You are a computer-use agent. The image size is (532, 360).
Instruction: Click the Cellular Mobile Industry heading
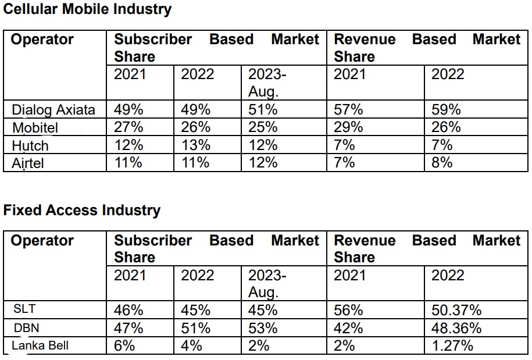(x=87, y=9)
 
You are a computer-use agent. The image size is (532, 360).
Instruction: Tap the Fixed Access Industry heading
(x=82, y=210)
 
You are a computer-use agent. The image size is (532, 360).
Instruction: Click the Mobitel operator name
(x=35, y=128)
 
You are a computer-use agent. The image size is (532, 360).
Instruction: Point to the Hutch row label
(x=30, y=146)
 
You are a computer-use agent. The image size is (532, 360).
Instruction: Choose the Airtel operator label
(x=28, y=163)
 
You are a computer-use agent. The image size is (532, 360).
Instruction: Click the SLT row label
(x=24, y=309)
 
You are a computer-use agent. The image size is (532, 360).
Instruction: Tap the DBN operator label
(x=27, y=328)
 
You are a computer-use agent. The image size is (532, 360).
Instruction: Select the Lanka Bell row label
(x=40, y=345)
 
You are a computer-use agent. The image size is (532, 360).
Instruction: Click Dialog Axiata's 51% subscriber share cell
(x=263, y=110)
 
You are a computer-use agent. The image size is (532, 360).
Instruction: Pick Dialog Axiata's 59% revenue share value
(x=446, y=110)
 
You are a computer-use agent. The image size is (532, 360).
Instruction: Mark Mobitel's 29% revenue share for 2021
(x=348, y=127)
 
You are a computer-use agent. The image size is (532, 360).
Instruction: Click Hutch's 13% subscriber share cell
(x=195, y=145)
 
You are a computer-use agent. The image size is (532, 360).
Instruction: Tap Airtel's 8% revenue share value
(x=442, y=163)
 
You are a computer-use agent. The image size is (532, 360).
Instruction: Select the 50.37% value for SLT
(x=456, y=311)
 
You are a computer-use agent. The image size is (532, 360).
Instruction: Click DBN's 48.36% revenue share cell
(x=456, y=329)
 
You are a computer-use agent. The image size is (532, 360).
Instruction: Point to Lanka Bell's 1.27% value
(x=452, y=346)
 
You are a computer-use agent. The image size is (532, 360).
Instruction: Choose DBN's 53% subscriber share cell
(x=263, y=329)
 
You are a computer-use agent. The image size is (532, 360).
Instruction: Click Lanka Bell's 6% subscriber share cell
(x=124, y=346)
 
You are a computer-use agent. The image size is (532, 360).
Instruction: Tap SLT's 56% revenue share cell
(x=348, y=311)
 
